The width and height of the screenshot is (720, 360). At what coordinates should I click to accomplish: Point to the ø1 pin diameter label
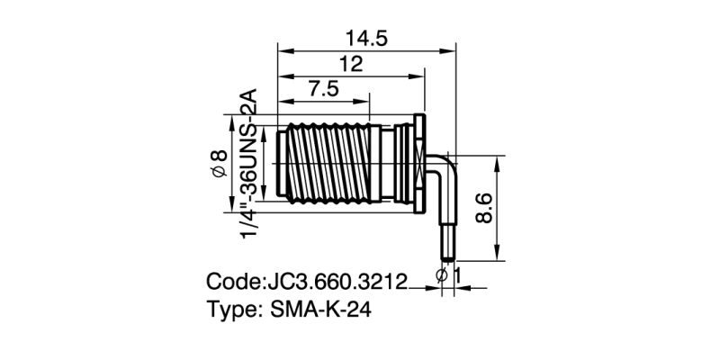pyautogui.click(x=449, y=276)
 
